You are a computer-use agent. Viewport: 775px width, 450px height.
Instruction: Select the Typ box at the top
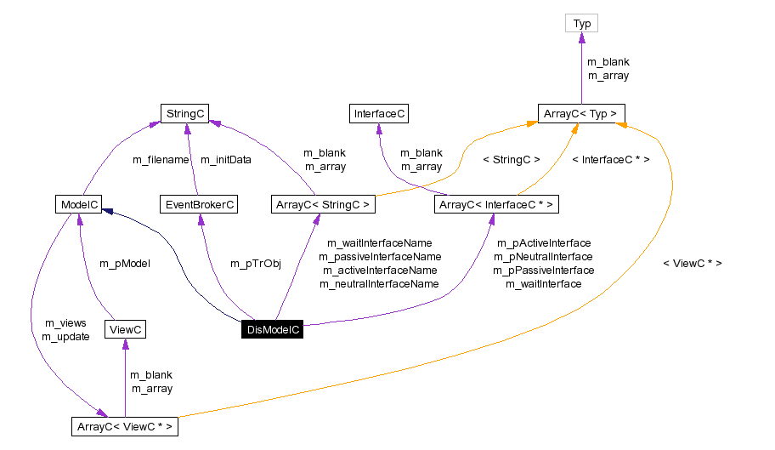(582, 24)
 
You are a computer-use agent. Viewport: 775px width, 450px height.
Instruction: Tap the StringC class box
(185, 113)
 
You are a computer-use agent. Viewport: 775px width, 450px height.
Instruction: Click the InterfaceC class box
(378, 113)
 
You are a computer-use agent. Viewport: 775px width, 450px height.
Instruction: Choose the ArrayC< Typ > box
(582, 113)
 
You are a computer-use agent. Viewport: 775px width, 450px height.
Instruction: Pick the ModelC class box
(77, 204)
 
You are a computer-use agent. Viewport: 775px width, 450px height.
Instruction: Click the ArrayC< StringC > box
(322, 204)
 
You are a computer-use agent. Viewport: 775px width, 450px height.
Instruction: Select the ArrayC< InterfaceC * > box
(496, 204)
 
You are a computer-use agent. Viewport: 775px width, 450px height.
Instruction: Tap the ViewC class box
(125, 329)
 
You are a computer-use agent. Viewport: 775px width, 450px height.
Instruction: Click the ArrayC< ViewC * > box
(125, 426)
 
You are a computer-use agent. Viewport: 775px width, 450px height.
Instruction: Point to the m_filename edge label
(161, 159)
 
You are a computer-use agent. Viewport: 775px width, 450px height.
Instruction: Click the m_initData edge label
(226, 159)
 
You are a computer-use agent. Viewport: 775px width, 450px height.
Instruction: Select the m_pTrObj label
(255, 264)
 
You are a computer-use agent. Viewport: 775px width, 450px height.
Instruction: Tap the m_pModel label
(125, 264)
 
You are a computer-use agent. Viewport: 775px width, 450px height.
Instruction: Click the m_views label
(65, 323)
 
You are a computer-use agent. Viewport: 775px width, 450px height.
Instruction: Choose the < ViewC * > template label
(692, 264)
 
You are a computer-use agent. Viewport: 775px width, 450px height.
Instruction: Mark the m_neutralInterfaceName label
(379, 283)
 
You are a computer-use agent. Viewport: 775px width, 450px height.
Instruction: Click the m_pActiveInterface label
(543, 243)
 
